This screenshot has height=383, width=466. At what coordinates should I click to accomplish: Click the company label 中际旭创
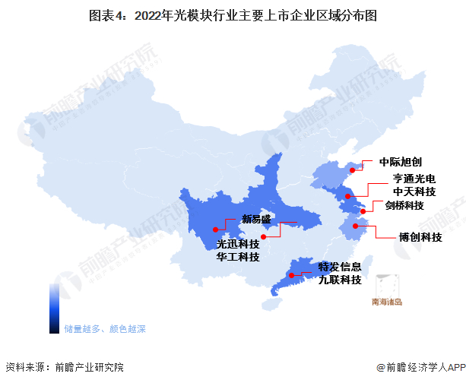395,162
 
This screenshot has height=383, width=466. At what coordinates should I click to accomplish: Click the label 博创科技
421,237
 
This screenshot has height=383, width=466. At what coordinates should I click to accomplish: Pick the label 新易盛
256,219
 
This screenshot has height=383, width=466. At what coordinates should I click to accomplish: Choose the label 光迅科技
238,245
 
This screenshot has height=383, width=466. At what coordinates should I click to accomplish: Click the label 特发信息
340,267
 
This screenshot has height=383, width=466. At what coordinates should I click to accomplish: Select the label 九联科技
340,280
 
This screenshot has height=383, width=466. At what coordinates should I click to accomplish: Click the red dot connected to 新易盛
216,228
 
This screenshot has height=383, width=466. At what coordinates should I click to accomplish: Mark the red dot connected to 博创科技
355,226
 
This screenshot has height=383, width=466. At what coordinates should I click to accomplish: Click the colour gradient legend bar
54,309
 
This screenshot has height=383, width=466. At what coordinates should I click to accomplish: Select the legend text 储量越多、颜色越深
105,329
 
